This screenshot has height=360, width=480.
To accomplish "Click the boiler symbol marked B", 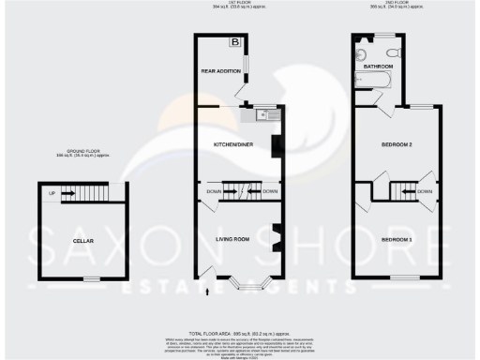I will [x=235, y=43].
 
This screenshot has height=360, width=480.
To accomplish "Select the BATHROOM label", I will [x=379, y=67].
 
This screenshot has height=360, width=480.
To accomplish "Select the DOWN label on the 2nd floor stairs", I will [x=425, y=192].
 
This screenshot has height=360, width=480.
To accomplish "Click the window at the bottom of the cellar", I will [x=91, y=278].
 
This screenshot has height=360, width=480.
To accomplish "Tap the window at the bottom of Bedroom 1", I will [x=405, y=277].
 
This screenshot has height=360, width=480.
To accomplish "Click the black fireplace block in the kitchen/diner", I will [x=276, y=146].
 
